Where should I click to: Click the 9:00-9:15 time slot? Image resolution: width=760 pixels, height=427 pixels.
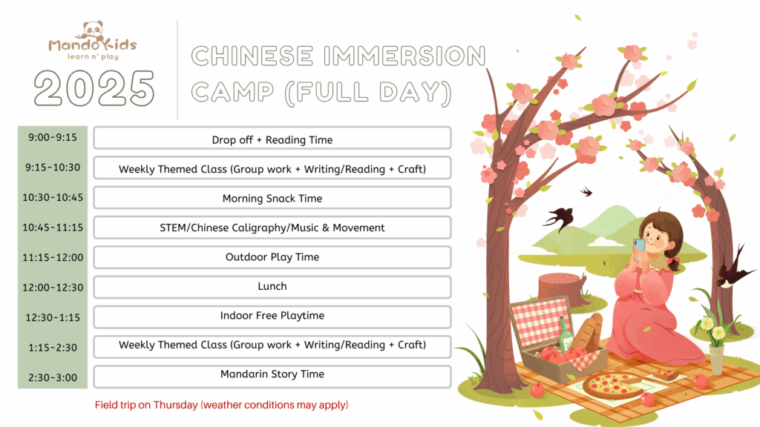point(53,137)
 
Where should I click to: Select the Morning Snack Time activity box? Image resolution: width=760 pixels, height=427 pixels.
point(272,197)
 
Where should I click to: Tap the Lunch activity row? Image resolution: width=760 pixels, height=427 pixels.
point(272,287)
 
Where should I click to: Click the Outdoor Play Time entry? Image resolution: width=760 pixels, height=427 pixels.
point(272,257)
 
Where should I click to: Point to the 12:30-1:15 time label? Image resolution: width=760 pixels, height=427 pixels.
point(53,317)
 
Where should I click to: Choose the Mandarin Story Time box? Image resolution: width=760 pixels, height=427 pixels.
point(272,377)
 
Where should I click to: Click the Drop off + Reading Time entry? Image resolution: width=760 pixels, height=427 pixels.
point(272,139)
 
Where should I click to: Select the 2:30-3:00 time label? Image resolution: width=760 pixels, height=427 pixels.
point(53,377)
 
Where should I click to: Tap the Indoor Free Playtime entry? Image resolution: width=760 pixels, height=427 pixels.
point(272,317)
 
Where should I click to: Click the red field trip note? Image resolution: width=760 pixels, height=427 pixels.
point(221,405)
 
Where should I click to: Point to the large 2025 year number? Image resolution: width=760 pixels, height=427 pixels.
point(94,87)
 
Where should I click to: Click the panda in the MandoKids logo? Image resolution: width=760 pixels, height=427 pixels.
point(93,31)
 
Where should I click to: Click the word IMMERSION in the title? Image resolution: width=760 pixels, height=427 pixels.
point(404,56)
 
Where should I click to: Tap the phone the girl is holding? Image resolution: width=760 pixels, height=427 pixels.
point(639,246)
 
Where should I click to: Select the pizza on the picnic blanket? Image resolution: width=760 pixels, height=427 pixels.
point(613,385)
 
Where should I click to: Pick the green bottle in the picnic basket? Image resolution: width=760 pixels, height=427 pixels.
point(565,335)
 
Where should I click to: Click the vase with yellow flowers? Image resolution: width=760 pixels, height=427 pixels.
point(715,359)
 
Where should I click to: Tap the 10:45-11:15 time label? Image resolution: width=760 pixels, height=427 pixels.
point(53,228)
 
